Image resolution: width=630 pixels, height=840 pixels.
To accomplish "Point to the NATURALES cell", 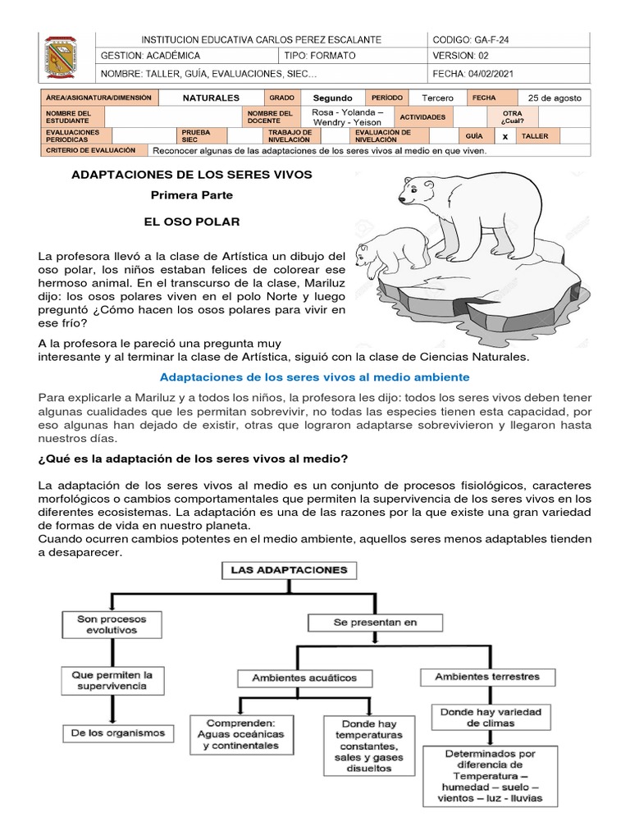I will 211,98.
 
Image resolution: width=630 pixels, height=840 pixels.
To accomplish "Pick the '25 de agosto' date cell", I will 555,98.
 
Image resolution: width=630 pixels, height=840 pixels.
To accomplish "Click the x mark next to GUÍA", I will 505,136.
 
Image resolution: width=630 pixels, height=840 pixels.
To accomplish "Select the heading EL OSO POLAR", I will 192,222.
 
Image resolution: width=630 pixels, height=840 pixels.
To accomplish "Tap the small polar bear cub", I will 392,249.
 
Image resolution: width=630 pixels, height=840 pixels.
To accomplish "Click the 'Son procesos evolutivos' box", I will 107,624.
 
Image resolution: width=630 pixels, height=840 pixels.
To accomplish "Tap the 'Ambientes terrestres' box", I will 487,677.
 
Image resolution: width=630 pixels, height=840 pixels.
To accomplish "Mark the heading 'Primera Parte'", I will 192,195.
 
